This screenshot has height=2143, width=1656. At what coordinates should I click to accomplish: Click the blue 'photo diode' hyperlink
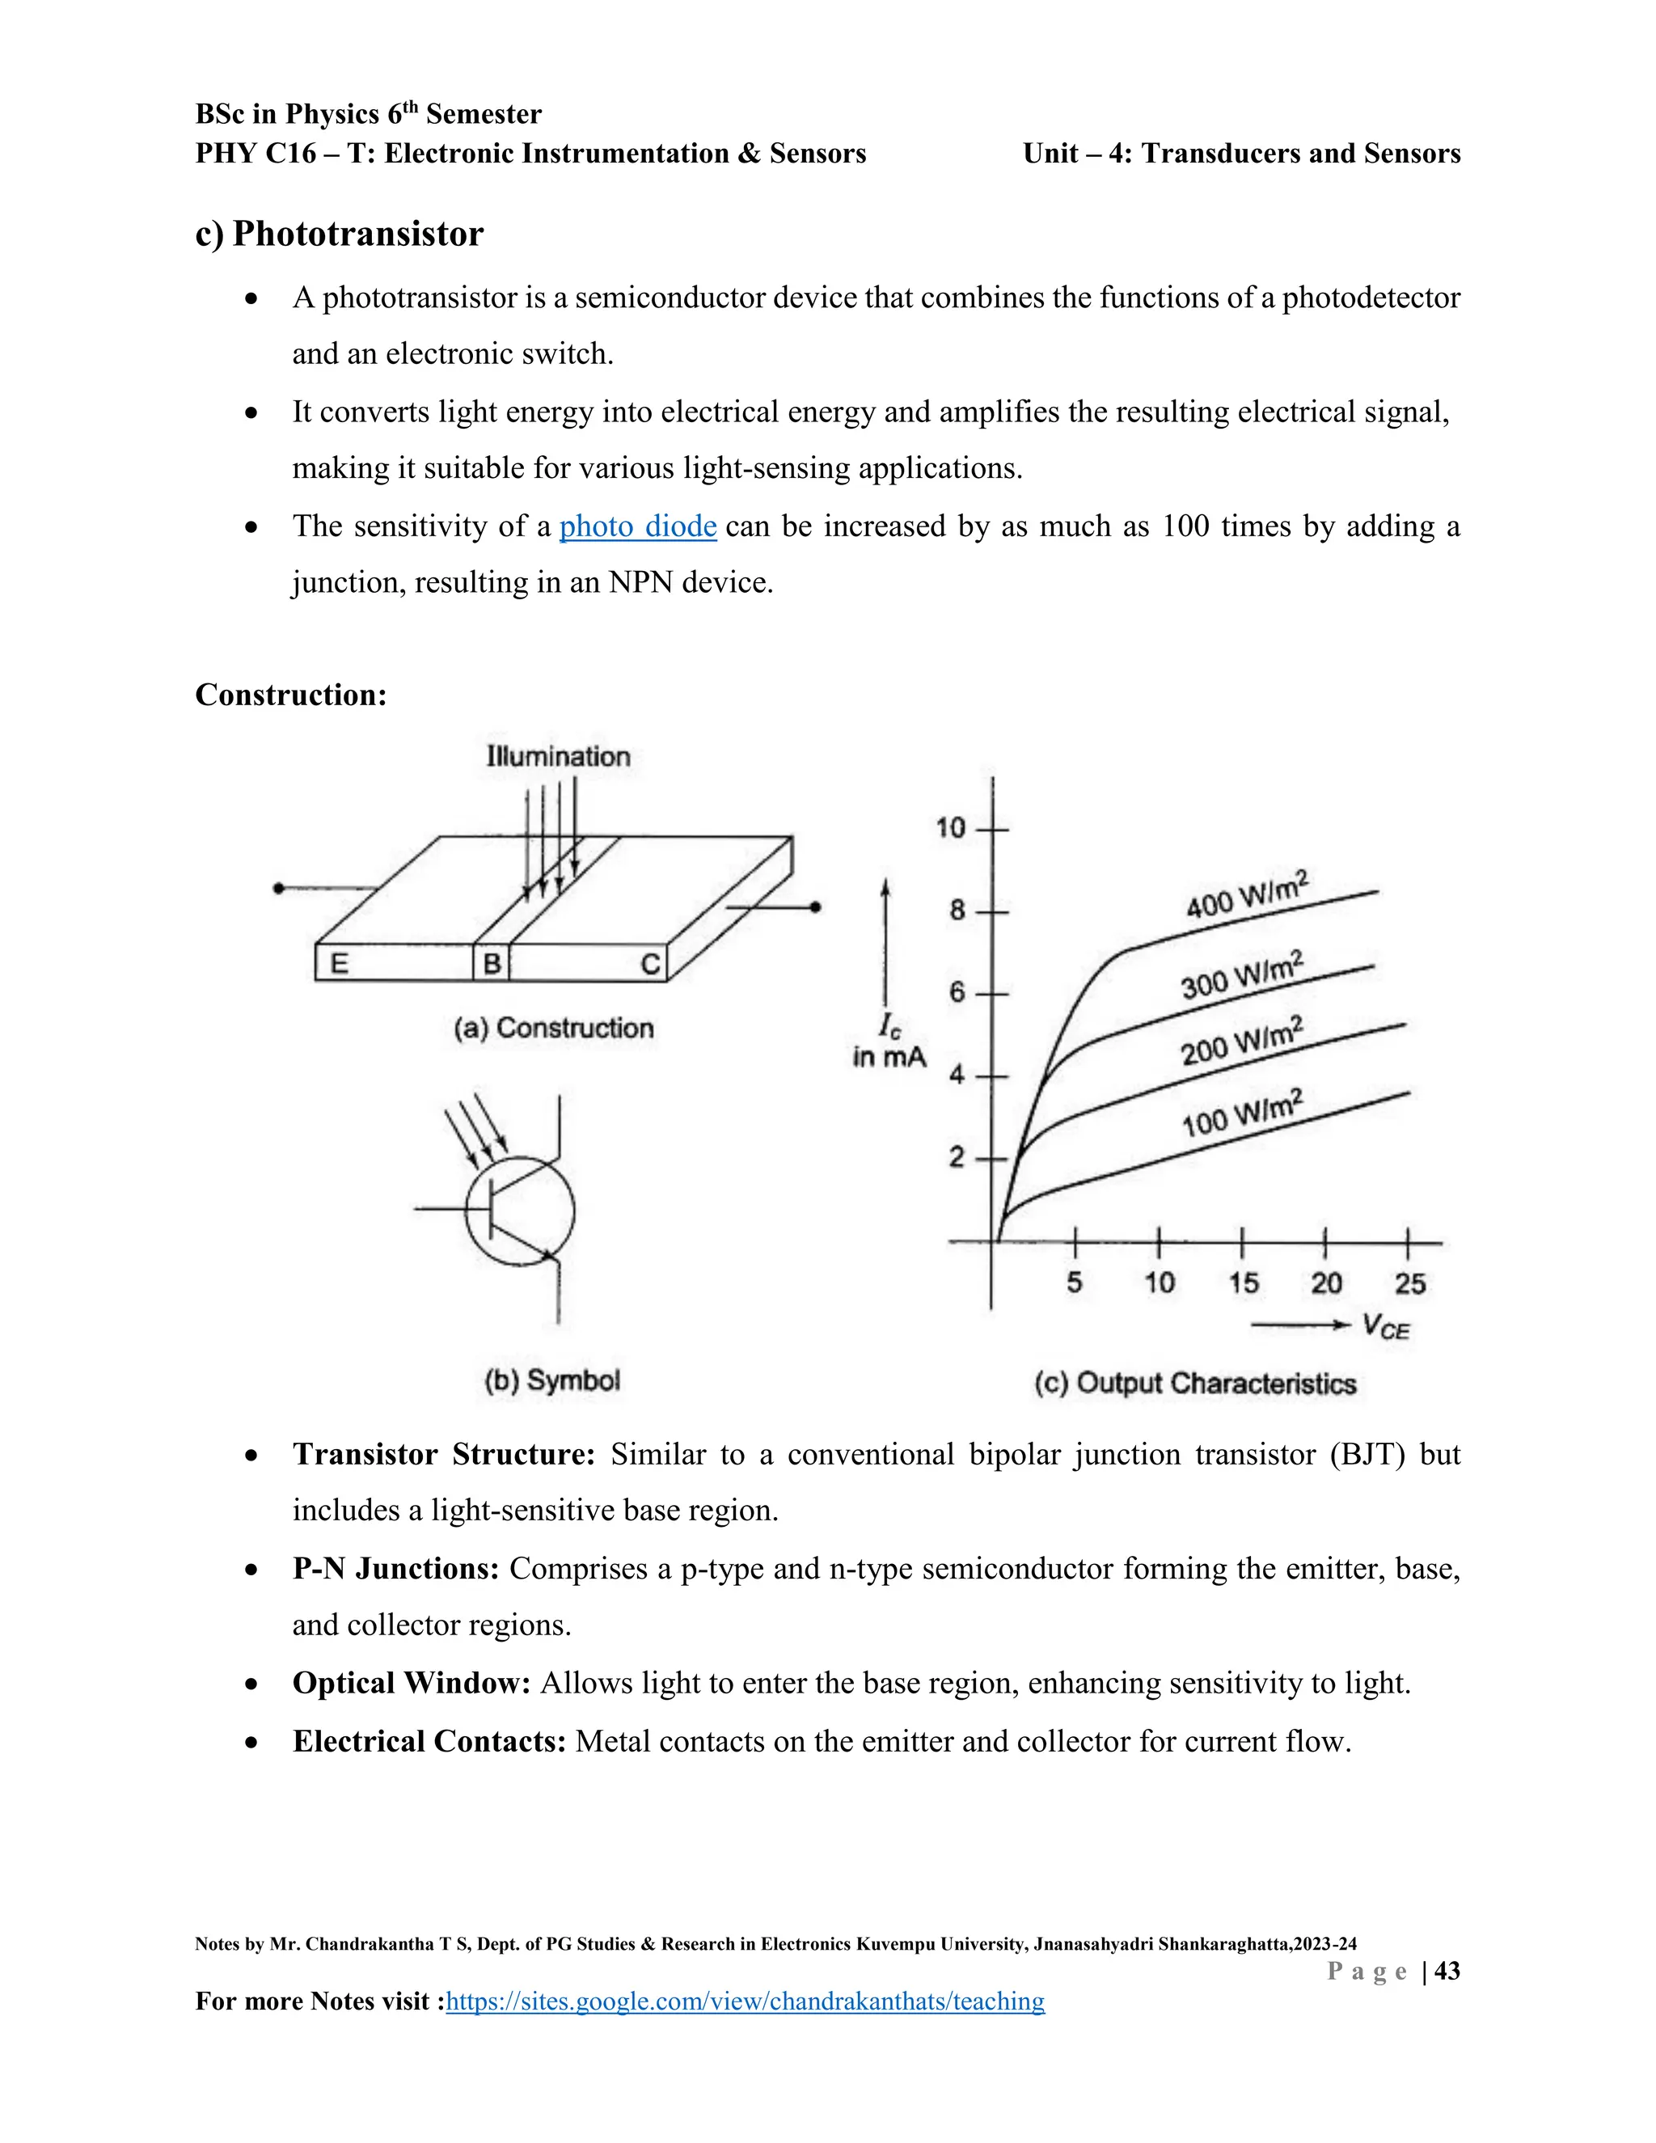(638, 527)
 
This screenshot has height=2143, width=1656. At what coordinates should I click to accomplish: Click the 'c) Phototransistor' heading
(340, 235)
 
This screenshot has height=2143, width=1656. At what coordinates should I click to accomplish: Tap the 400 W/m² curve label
(1247, 894)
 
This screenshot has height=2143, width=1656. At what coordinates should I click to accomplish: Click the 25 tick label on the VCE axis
(1409, 1283)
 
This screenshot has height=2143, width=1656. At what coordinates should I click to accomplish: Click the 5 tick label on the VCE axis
(1075, 1283)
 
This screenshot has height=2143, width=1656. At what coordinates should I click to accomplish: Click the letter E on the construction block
(340, 964)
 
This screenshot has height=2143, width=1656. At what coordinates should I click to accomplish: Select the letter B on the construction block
(492, 964)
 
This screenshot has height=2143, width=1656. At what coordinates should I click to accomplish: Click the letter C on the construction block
(650, 965)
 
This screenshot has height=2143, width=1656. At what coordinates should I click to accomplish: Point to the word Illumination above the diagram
(558, 757)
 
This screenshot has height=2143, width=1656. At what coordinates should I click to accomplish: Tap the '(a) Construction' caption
(553, 1029)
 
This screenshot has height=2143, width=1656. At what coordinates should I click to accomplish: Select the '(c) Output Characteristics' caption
(1195, 1384)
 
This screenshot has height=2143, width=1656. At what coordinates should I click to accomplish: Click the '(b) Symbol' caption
(552, 1380)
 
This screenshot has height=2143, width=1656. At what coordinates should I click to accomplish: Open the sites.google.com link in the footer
(745, 2001)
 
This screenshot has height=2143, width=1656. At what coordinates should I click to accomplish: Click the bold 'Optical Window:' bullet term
(411, 1684)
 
